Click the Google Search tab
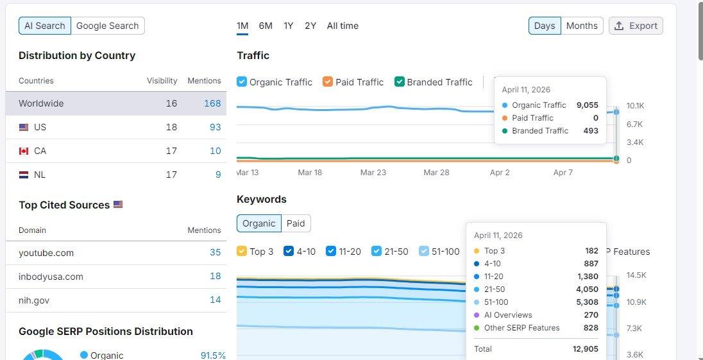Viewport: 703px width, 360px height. pos(108,26)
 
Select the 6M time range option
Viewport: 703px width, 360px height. pos(266,26)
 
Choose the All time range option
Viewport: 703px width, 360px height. pos(343,26)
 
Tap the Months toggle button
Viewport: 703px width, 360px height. pos(582,26)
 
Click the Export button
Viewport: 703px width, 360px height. pos(636,26)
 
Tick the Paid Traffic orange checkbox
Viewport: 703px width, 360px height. pos(328,82)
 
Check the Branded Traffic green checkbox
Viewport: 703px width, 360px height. pos(400,82)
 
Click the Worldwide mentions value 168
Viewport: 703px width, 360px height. pos(212,103)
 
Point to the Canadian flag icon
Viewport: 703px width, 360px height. pos(24,151)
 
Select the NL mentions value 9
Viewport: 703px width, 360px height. pos(218,175)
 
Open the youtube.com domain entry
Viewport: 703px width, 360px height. pos(46,253)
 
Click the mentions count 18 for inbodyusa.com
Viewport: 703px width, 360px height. pos(216,276)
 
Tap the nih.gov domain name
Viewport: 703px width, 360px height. pos(34,300)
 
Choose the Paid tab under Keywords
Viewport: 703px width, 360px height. pos(296,223)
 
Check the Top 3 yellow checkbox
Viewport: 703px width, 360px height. pos(242,251)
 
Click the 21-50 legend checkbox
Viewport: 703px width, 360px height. pos(377,251)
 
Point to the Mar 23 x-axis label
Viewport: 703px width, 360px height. pos(373,173)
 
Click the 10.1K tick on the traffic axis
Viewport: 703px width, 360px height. pos(635,106)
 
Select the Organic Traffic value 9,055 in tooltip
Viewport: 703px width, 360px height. pos(588,105)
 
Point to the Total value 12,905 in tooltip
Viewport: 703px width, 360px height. pos(586,349)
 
